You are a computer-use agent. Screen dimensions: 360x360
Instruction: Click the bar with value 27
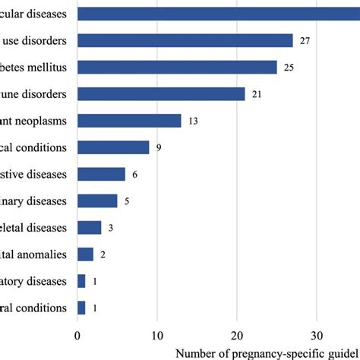(x=185, y=40)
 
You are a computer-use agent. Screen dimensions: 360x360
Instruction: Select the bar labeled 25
(x=177, y=67)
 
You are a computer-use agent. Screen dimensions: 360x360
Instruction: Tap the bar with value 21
(x=161, y=94)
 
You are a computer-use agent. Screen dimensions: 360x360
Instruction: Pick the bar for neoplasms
(x=129, y=121)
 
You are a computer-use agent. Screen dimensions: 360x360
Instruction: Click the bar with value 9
(x=113, y=147)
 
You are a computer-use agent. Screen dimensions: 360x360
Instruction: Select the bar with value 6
(x=101, y=174)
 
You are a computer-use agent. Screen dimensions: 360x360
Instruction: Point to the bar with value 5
(x=97, y=201)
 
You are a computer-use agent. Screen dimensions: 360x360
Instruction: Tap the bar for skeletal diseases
(x=90, y=227)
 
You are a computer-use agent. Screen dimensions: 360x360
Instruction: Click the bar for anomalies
(x=85, y=254)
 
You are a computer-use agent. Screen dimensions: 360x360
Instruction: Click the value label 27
(x=305, y=40)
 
